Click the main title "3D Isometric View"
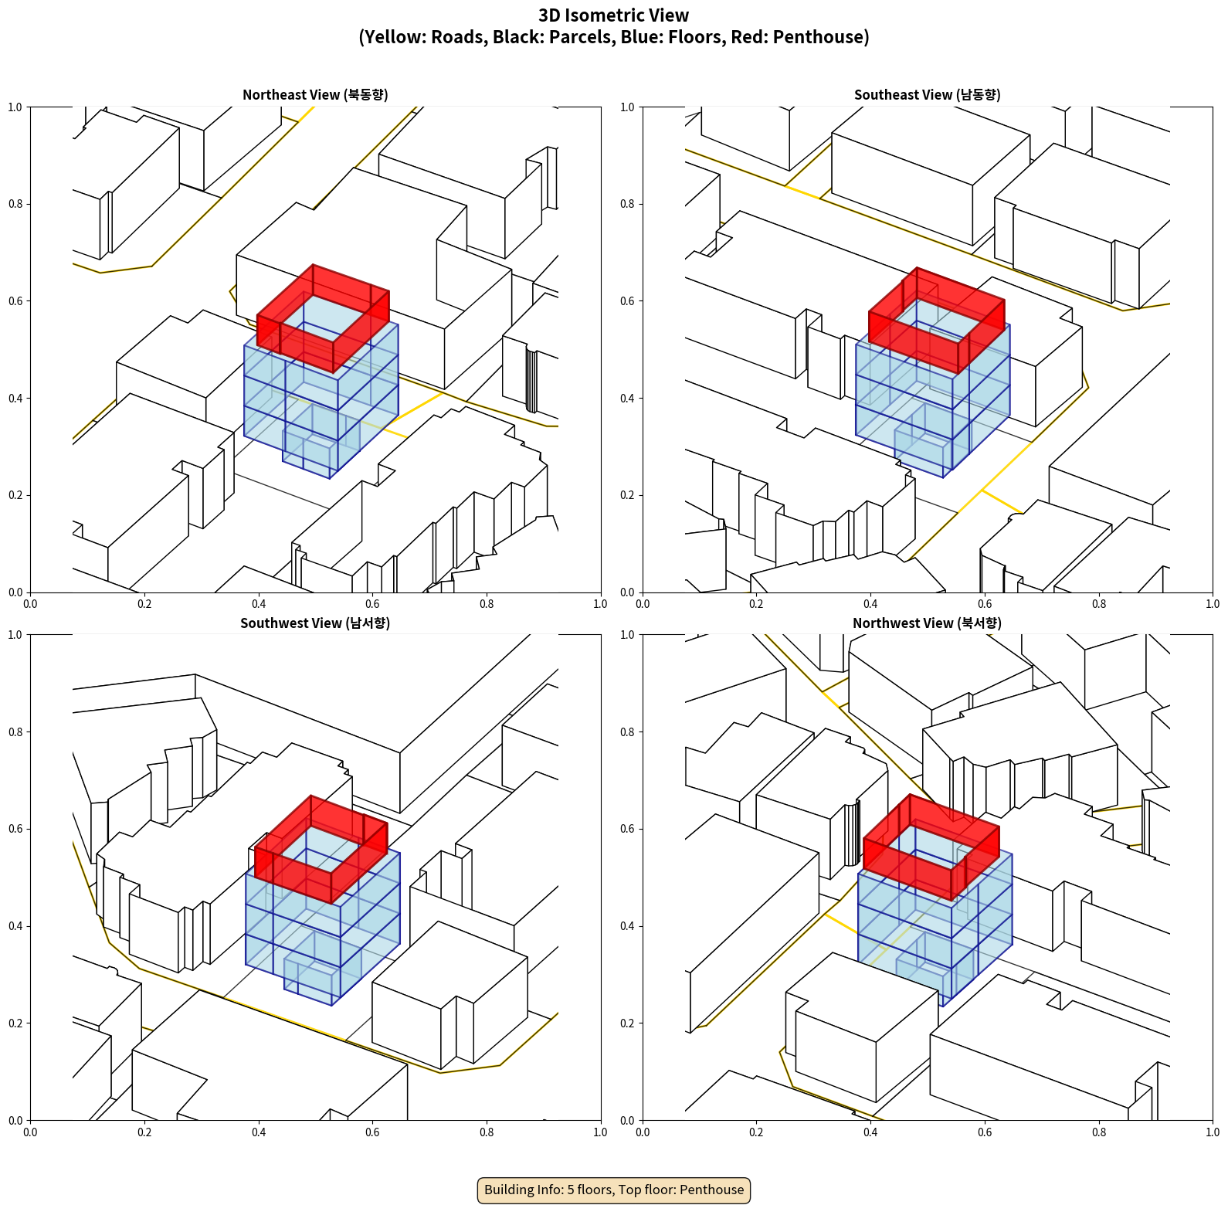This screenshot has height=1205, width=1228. coord(613,15)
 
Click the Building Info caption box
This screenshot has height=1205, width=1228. coord(614,1190)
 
